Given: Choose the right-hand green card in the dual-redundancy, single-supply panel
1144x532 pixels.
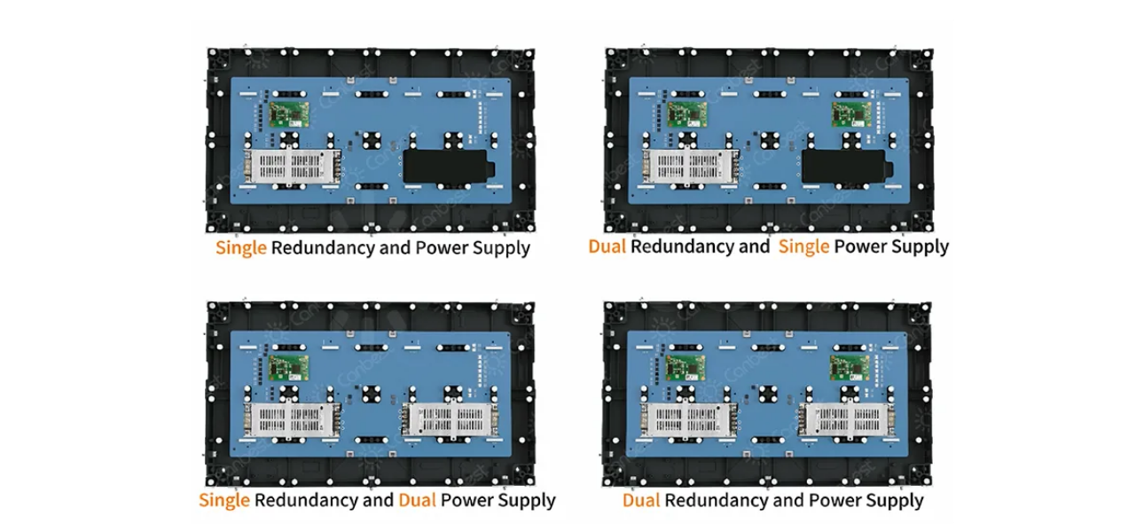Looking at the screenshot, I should coord(849,114).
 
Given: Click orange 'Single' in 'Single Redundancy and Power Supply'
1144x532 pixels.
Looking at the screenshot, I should coord(241,247).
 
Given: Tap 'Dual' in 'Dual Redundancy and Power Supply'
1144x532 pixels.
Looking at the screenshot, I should coord(641,501).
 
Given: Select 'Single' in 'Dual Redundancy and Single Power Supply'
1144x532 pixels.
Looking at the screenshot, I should coord(804,246).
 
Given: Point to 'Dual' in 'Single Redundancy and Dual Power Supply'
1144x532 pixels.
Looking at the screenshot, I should coord(417,500).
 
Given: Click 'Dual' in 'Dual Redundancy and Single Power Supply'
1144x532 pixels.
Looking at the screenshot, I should coord(607,246).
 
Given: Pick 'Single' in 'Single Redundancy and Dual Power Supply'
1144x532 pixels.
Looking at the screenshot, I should coord(224,500).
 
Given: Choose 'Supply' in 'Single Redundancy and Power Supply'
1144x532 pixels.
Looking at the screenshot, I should coord(500,247).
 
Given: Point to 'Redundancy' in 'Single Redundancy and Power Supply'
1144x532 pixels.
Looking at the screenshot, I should coord(323,247).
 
